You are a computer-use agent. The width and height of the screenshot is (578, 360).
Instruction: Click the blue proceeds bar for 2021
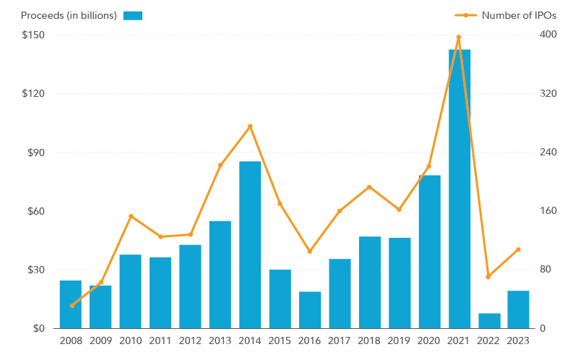(x=460, y=189)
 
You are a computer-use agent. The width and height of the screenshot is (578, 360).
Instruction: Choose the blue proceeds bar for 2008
(x=71, y=304)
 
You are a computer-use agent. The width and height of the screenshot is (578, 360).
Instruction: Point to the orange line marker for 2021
(x=458, y=37)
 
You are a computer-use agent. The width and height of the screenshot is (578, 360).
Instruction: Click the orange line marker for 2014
(x=250, y=127)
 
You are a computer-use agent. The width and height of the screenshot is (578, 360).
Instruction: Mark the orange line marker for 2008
(x=72, y=305)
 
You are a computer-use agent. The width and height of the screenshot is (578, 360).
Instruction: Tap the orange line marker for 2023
(x=518, y=249)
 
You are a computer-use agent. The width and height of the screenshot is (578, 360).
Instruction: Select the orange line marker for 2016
(x=310, y=251)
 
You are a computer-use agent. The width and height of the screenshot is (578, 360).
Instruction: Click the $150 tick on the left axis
(x=33, y=35)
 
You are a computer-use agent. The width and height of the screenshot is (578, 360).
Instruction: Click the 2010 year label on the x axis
(x=131, y=340)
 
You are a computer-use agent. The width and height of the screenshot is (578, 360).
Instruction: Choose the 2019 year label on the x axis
(x=400, y=340)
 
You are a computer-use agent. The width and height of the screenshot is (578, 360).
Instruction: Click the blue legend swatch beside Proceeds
(x=133, y=15)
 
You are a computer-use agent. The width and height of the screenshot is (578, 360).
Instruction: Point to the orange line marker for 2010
(x=131, y=216)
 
